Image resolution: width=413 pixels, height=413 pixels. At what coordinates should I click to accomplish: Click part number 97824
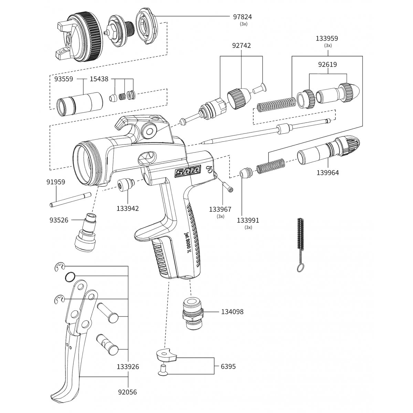pos(242,17)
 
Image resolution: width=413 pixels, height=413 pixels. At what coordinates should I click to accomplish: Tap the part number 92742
pos(242,46)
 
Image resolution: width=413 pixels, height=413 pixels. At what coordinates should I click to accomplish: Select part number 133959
pos(327,39)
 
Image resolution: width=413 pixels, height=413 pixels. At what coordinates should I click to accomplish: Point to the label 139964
pos(328,172)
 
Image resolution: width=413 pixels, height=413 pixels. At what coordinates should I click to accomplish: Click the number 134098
pos(232,311)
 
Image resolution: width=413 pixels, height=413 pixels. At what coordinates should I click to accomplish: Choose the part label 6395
pos(228,366)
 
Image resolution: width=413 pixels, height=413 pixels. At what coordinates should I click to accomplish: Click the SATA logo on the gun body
pos(188,172)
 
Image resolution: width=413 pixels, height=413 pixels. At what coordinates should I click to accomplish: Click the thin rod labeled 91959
pos(70,200)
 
